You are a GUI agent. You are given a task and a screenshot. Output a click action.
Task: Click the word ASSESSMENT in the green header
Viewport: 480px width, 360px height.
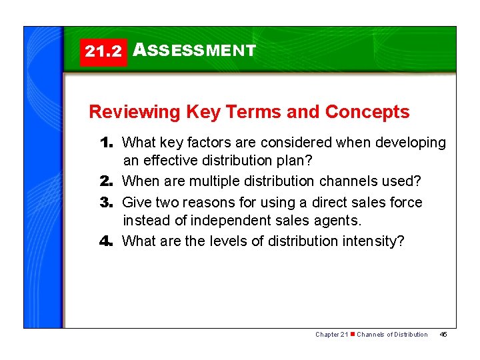pyautogui.click(x=194, y=50)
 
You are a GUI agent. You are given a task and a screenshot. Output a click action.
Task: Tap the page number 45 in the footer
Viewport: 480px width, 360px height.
pyautogui.click(x=443, y=334)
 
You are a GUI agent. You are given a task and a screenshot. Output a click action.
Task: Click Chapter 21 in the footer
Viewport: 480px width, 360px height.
pyautogui.click(x=331, y=334)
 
